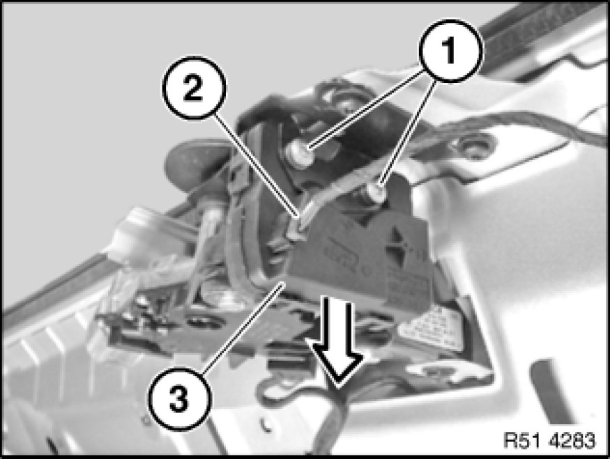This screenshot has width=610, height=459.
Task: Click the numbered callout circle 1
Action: coord(450,51)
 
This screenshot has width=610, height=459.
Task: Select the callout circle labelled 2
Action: coord(193,88)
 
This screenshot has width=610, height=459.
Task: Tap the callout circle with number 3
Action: coord(180,398)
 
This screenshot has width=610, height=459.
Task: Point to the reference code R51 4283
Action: coord(549,440)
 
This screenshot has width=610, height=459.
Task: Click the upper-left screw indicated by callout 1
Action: coord(300,153)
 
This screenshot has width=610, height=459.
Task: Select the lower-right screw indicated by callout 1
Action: coord(376,193)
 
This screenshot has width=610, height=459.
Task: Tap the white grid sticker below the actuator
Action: coord(431,329)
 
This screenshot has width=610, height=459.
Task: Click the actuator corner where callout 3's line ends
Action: coord(285,282)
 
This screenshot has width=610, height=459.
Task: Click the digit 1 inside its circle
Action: coord(450,51)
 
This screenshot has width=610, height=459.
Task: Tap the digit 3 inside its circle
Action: coord(179,398)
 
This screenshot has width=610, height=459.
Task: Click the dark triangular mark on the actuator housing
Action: coord(399,242)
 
